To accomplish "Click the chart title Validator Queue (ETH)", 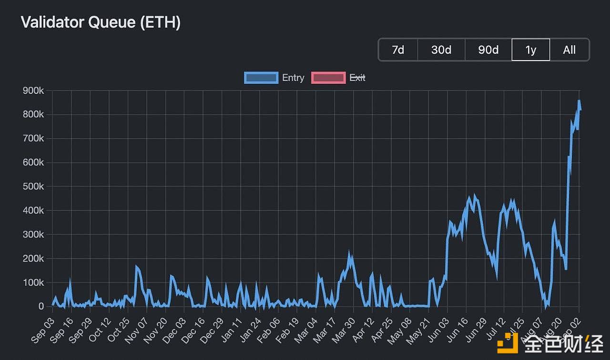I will coord(101,22).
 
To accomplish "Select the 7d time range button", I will coord(398,50).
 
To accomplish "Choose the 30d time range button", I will coord(441,50).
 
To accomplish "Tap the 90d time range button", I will coord(488,50).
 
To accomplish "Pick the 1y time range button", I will coord(530,50).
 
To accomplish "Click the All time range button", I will coord(569,50).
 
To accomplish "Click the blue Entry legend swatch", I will coord(261,78).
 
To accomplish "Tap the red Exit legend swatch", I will coord(328,78).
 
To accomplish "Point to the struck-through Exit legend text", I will coord(357,78).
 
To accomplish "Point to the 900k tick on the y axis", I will coord(33,90).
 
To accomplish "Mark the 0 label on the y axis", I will coord(41,307).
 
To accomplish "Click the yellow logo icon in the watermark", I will coord(508,343).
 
